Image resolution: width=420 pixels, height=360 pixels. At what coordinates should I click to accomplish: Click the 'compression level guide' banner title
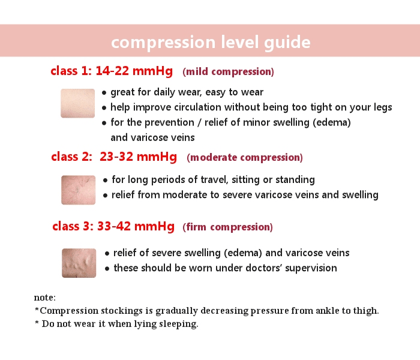click(211, 43)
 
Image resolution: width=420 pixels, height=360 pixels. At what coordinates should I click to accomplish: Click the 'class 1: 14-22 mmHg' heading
click(112, 71)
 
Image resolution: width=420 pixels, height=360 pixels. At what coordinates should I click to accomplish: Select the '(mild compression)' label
click(228, 72)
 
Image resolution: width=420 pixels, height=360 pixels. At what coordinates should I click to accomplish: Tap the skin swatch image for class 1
click(78, 103)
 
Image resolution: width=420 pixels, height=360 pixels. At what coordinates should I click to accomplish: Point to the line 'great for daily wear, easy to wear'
click(187, 92)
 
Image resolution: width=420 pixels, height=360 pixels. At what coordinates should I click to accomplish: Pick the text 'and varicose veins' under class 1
click(153, 137)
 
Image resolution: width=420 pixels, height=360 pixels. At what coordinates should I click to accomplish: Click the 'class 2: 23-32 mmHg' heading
click(114, 157)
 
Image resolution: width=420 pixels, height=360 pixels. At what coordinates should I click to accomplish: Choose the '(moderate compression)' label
click(245, 158)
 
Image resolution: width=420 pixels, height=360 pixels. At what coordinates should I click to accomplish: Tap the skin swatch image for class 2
click(79, 190)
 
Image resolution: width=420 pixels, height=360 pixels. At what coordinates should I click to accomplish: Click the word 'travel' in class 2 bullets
click(215, 180)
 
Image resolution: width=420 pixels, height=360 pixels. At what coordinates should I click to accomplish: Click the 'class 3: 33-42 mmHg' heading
click(113, 227)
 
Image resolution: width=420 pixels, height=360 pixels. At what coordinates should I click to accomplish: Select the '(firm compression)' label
click(227, 227)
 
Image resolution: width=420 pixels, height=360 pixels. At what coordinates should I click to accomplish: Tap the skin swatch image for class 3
click(79, 263)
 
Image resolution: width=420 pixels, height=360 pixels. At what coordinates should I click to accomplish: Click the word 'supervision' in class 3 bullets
click(310, 268)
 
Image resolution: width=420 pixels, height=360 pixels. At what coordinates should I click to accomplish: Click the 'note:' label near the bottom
click(45, 298)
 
